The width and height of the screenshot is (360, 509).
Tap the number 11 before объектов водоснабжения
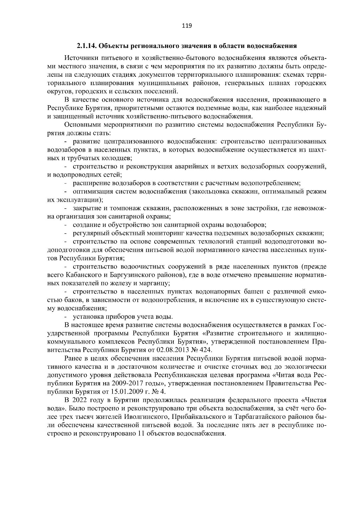click(x=141, y=433)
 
